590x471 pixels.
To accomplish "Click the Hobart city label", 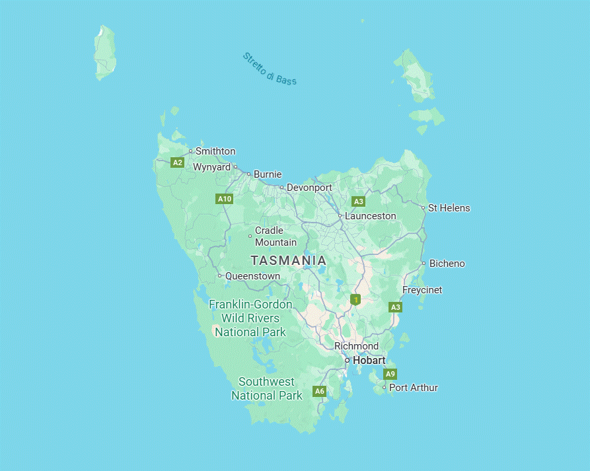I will (369, 361).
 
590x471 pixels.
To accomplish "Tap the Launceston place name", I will (370, 216).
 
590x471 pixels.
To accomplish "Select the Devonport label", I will (309, 188).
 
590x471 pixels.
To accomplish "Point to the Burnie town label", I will (268, 174).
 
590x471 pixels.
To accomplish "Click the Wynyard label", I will (211, 167).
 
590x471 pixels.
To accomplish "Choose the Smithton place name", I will (215, 151).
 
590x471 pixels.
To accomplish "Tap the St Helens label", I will (449, 208).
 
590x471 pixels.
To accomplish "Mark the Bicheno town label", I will (447, 264).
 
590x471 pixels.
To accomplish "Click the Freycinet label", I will (422, 290).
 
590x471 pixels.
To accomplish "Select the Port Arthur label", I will (413, 388).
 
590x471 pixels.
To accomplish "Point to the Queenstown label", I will (252, 276).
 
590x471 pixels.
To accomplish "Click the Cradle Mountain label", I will (276, 236).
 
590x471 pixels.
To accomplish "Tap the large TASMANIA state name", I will (288, 260).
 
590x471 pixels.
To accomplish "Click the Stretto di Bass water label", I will (270, 69).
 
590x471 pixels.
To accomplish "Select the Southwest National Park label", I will (266, 388).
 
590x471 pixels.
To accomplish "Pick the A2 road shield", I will (177, 163).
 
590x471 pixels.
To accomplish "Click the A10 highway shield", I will (225, 199).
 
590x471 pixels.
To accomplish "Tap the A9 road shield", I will (390, 374).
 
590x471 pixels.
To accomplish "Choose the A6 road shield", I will (320, 391).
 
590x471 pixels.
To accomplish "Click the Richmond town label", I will (356, 346).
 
